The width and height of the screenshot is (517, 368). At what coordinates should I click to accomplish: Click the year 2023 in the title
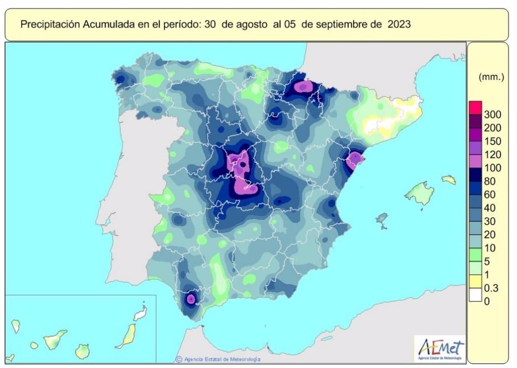tap(399, 24)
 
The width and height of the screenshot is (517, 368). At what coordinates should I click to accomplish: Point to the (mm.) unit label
tap(491, 78)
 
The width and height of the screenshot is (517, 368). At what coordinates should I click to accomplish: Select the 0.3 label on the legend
tap(491, 288)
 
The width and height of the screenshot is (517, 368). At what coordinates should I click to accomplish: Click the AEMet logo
tap(439, 348)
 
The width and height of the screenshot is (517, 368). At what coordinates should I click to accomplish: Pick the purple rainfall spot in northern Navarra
tap(303, 87)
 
